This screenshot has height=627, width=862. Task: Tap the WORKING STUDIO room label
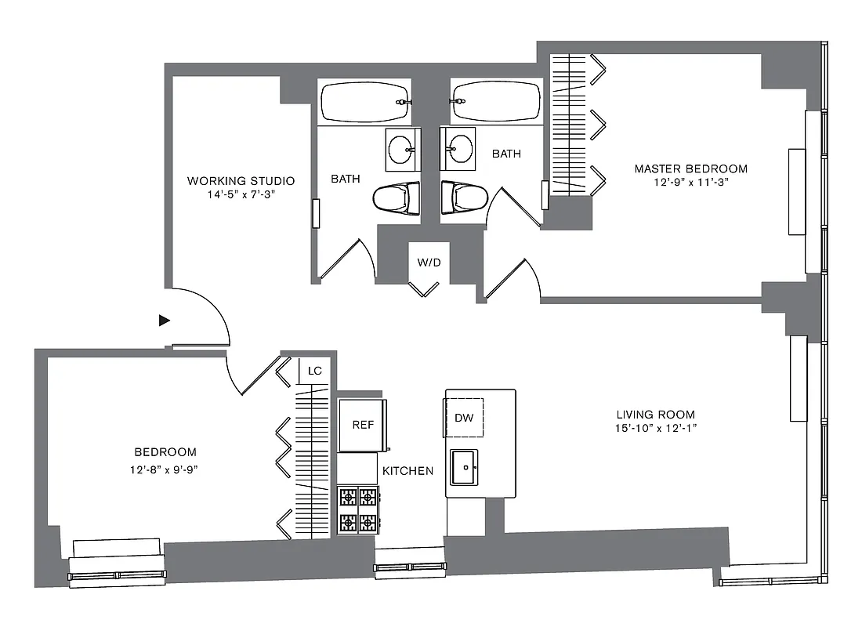(241, 181)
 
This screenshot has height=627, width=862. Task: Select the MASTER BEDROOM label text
(690, 169)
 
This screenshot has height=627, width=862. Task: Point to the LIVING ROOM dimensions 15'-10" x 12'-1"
(656, 428)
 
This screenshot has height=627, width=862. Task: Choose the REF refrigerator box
(362, 425)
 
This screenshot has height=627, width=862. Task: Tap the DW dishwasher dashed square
(464, 418)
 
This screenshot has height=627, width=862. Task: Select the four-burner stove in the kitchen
(358, 509)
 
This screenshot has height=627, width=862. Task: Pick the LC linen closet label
(315, 370)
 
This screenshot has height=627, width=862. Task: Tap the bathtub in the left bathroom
(365, 102)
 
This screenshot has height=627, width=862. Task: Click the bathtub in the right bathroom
(496, 102)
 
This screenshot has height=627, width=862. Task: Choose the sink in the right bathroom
(458, 149)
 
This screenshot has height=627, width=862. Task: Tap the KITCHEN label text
(407, 471)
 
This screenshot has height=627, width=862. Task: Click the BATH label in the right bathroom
(506, 154)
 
